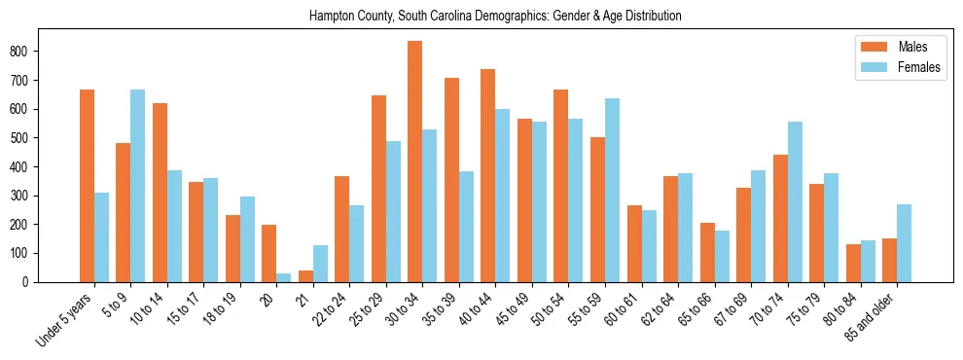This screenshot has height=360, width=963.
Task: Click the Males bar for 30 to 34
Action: [x=415, y=162]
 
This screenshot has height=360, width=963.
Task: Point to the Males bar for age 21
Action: [x=305, y=276]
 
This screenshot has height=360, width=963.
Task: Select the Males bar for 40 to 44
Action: [x=488, y=176]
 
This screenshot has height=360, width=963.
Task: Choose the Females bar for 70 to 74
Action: [x=795, y=202]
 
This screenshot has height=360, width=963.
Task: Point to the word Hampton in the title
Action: [x=331, y=17]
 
